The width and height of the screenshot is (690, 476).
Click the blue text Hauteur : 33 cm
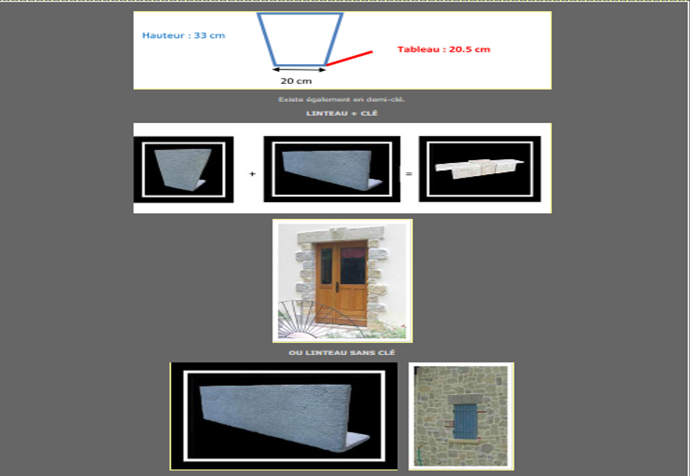[x=183, y=36]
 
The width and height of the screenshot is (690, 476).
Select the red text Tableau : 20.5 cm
[x=443, y=50]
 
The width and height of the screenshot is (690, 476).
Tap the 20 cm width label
[x=296, y=81]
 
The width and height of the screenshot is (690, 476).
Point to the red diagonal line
[x=349, y=58]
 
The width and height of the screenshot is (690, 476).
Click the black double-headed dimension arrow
[x=299, y=69]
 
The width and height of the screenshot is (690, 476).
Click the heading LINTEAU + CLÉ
[x=342, y=113]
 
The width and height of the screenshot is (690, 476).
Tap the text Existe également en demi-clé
[x=342, y=100]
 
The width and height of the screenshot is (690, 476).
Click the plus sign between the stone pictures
[x=252, y=174]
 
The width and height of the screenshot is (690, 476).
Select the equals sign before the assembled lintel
[x=409, y=174]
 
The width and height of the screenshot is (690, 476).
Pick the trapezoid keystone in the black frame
[x=182, y=169]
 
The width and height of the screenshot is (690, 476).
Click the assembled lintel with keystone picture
[x=479, y=169]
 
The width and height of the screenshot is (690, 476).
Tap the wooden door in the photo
[x=341, y=283]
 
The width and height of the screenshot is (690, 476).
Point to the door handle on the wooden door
[x=337, y=287]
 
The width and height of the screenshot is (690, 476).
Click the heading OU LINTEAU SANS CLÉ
[x=342, y=353]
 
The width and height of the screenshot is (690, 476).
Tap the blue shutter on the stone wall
[x=465, y=422]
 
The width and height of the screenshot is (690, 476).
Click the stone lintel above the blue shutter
[x=465, y=400]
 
